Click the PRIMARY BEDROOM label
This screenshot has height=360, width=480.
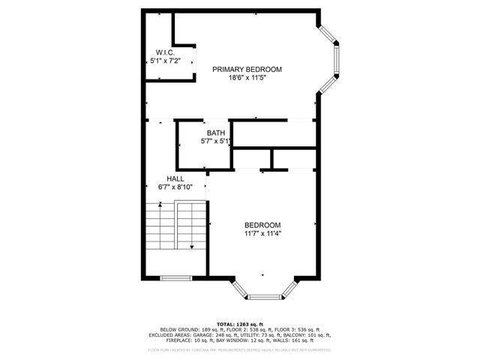pyautogui.click(x=247, y=69)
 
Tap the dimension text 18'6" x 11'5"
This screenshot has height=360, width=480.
pyautogui.click(x=247, y=78)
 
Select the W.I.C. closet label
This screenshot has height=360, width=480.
pyautogui.click(x=165, y=52)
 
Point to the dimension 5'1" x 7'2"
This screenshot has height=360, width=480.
pyautogui.click(x=165, y=60)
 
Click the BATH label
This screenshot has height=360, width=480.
pyautogui.click(x=216, y=133)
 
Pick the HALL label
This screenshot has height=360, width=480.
pyautogui.click(x=175, y=178)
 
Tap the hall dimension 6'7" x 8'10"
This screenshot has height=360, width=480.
pyautogui.click(x=175, y=187)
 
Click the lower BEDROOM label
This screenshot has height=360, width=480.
pyautogui.click(x=262, y=225)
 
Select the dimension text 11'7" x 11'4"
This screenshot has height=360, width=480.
pyautogui.click(x=262, y=233)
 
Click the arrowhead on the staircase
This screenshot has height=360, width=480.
pyautogui.click(x=193, y=246)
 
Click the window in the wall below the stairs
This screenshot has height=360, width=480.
pyautogui.click(x=175, y=278)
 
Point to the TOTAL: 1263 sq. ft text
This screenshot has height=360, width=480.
pyautogui.click(x=239, y=323)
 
